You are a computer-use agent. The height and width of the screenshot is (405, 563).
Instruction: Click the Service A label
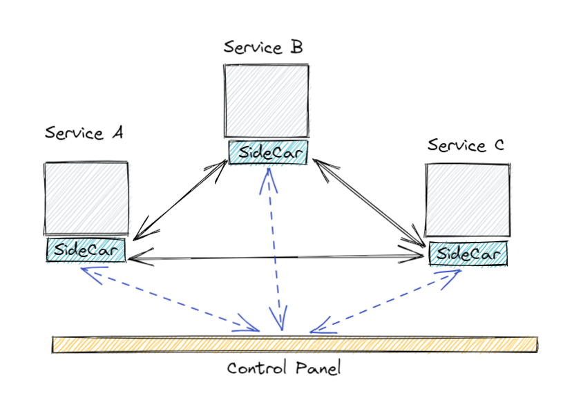pyautogui.click(x=84, y=133)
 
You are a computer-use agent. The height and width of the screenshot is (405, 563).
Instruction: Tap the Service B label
pyautogui.click(x=263, y=47)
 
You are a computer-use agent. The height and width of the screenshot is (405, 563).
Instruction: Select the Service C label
pyautogui.click(x=466, y=145)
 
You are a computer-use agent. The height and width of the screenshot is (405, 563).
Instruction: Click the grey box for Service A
pyautogui.click(x=86, y=198)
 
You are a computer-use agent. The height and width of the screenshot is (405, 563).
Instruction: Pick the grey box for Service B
pyautogui.click(x=267, y=101)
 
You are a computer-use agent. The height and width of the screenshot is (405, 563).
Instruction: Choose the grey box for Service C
pyautogui.click(x=468, y=200)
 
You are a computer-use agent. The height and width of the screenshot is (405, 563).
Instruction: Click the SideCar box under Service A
pyautogui.click(x=86, y=249)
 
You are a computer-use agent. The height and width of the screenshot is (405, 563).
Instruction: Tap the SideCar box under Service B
pyautogui.click(x=268, y=152)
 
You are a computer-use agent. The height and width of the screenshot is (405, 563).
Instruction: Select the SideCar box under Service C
pyautogui.click(x=468, y=254)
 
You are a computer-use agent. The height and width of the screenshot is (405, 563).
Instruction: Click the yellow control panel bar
pyautogui.click(x=295, y=345)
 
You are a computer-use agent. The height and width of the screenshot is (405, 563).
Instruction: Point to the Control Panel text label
pyautogui.click(x=284, y=368)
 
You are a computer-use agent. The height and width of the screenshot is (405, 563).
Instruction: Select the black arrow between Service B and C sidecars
pyautogui.click(x=369, y=203)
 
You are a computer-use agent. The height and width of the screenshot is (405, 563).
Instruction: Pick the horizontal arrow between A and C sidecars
pyautogui.click(x=276, y=257)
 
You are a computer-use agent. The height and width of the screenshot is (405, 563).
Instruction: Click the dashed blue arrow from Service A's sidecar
pyautogui.click(x=170, y=299)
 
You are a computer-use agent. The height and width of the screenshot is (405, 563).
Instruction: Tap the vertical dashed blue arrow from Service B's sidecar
pyautogui.click(x=275, y=249)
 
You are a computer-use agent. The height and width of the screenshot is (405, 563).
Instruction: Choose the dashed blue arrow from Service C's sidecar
pyautogui.click(x=385, y=302)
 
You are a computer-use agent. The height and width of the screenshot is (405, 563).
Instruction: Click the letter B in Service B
pyautogui.click(x=297, y=47)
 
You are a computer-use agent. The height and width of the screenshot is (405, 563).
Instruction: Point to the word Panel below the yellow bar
pyautogui.click(x=318, y=368)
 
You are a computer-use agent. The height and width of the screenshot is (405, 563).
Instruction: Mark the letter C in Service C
pyautogui.click(x=499, y=145)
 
